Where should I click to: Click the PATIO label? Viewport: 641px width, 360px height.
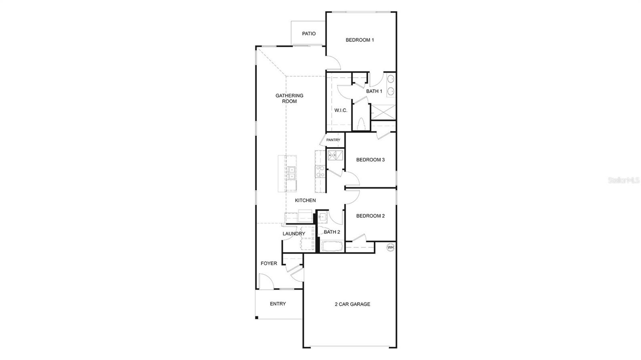308,34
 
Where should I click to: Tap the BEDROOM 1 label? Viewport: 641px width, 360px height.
360,40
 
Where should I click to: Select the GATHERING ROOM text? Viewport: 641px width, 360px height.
289,99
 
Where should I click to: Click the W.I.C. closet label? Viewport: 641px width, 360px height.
341,111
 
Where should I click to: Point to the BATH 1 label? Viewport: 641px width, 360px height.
374,91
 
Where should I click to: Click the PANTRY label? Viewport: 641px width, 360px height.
333,140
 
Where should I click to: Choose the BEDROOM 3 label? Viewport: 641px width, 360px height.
371,160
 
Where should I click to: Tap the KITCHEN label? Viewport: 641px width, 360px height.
305,201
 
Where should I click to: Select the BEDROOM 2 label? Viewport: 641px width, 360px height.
371,216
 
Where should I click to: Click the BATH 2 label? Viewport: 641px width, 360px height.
332,232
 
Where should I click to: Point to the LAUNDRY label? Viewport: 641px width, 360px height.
294,234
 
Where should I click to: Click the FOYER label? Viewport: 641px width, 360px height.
269,263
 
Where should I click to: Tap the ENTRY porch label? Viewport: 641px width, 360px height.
278,304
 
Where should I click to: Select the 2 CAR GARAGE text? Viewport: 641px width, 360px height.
353,304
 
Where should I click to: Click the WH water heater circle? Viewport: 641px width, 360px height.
390,247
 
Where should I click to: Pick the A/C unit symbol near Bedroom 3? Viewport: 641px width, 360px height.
336,155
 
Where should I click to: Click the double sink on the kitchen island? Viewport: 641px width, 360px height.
291,173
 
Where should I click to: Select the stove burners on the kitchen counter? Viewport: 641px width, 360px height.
320,172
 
